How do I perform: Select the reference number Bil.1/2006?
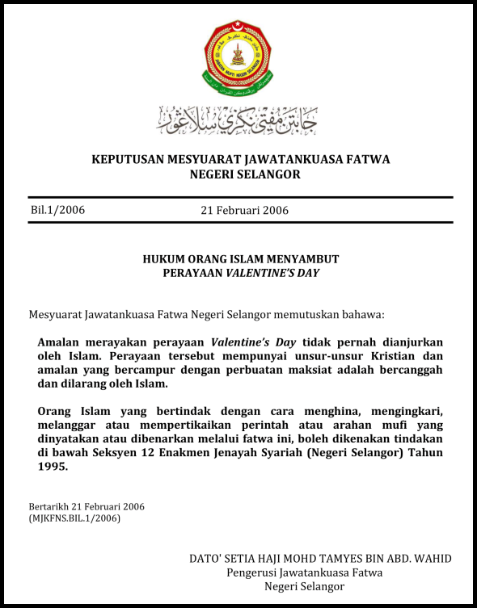point(57,210)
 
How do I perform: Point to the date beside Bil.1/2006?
point(244,211)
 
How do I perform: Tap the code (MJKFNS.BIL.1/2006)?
point(74,518)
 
